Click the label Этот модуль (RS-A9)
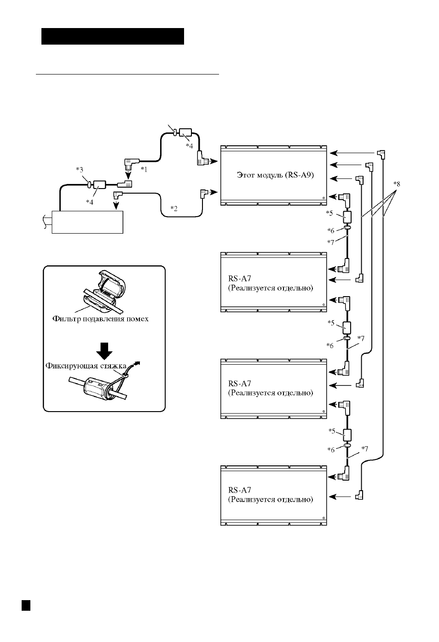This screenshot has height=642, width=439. [x=275, y=175]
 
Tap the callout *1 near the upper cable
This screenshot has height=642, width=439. [x=144, y=169]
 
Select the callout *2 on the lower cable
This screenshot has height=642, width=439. [x=174, y=208]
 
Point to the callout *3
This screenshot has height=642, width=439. [x=80, y=170]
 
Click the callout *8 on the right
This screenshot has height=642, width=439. [x=396, y=183]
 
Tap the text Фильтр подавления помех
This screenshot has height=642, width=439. [x=100, y=319]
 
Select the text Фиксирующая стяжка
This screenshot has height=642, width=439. [x=86, y=366]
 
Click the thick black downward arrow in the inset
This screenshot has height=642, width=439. [x=104, y=351]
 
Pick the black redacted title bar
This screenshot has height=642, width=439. [x=113, y=36]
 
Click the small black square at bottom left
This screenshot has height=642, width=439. [x=26, y=605]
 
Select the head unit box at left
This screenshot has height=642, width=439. [x=87, y=222]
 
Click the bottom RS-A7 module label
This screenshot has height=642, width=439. [x=271, y=495]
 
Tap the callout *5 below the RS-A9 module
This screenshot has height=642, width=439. [x=329, y=213]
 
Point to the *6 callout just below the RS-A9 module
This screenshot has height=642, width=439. [x=331, y=230]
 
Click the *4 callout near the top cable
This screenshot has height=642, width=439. [x=189, y=146]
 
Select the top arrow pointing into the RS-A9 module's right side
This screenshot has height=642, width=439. [x=352, y=153]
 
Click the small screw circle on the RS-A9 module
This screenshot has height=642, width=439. [x=323, y=198]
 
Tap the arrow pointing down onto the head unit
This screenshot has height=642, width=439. [x=116, y=205]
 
